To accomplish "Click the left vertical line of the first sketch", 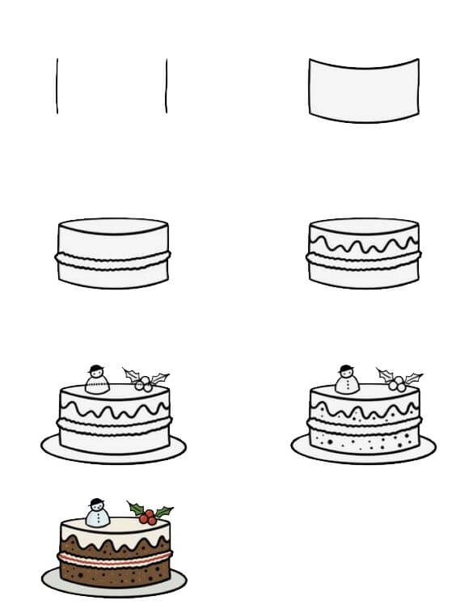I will coord(57,85).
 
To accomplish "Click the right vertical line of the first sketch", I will coord(167,85).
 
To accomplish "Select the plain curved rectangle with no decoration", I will coord(363,89).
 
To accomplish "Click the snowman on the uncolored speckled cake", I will coord(347,380).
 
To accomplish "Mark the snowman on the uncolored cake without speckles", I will coord(97,380).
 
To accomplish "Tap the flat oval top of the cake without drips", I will coord(113,226).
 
